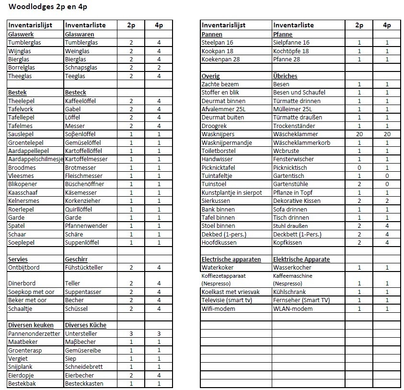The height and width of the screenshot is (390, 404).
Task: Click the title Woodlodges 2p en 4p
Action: pos(48,7)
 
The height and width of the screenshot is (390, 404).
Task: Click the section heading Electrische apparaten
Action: pos(231,260)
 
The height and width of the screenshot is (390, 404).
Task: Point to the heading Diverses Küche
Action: pos(86,325)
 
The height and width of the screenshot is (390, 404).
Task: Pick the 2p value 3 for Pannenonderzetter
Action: pos(131,334)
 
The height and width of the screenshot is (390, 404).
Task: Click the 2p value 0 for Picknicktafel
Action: pos(359,168)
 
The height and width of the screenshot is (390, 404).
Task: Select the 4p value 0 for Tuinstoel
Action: pos(387,184)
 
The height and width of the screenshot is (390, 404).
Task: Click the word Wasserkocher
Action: pos(292,268)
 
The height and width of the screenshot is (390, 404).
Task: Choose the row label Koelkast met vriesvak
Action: pos(231,292)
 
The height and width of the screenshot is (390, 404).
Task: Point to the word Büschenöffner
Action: pos(85,184)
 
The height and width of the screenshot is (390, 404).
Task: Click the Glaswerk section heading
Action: pos(21,35)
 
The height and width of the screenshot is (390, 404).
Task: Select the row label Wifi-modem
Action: pos(219,309)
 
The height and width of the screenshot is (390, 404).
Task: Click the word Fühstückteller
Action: pos(84,268)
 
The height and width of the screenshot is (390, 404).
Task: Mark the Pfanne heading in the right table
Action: pos(282,35)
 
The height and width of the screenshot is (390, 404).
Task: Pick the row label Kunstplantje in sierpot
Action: pos(232,193)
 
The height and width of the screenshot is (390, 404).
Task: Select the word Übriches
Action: pos(285,76)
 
